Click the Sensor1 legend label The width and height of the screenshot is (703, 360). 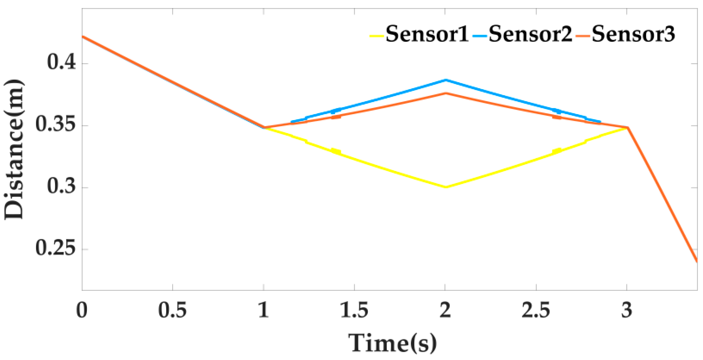[427, 34]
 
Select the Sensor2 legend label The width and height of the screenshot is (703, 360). [530, 34]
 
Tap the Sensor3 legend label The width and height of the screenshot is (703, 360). [633, 34]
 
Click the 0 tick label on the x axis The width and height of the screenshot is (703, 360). [82, 310]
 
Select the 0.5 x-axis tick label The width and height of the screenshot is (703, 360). [172, 310]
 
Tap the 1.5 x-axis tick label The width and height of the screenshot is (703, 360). [354, 310]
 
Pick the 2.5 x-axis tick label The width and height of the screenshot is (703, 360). [536, 310]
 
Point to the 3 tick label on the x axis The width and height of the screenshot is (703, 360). [627, 310]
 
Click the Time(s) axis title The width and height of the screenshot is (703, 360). [392, 343]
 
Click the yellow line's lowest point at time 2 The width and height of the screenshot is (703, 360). [445, 187]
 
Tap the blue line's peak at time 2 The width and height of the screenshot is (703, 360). [445, 80]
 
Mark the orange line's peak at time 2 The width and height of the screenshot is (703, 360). [445, 93]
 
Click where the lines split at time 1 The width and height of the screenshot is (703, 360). [264, 127]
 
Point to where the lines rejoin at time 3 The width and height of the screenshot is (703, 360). [627, 127]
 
